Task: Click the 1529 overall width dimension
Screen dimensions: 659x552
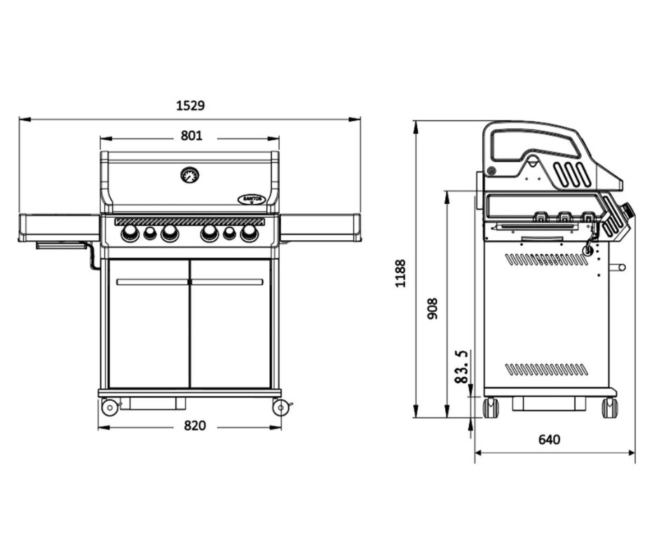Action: coord(190,106)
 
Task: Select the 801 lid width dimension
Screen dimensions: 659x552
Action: coord(191,136)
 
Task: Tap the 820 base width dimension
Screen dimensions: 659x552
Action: coord(195,425)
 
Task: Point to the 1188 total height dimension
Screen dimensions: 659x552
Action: coord(400,273)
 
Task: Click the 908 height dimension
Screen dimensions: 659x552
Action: coord(433,308)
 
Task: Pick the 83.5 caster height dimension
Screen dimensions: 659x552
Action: coord(461,366)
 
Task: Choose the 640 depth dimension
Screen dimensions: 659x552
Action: coord(550,439)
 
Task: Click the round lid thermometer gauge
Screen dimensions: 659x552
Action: coord(190,175)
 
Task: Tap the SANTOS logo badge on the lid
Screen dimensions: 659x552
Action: coord(252,199)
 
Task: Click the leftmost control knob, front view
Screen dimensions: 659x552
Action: coord(130,233)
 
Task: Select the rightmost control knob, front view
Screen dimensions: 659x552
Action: coord(250,233)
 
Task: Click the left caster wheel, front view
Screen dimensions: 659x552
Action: coord(109,407)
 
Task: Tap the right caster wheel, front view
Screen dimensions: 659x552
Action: coord(280,407)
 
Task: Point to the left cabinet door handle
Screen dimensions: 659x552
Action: coord(152,282)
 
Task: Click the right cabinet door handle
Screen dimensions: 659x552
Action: coord(227,282)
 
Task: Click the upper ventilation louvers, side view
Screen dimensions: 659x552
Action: coord(546,260)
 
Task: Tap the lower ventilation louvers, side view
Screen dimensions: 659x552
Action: coord(546,370)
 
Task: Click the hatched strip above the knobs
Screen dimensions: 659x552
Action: coord(190,221)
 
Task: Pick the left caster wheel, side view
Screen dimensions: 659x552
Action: coord(491,408)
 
